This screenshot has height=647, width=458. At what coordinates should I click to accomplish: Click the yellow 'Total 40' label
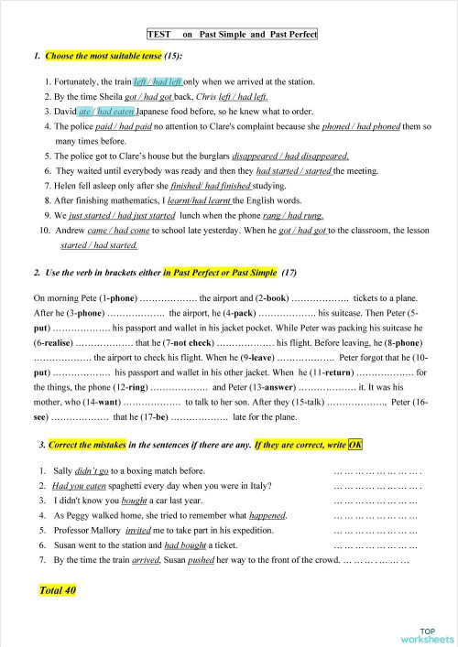click(x=58, y=590)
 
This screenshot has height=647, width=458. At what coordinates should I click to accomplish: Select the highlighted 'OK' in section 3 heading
click(x=355, y=445)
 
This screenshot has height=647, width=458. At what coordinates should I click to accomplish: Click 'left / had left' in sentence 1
click(x=161, y=81)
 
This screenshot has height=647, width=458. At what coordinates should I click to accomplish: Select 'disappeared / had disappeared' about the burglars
click(x=290, y=156)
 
